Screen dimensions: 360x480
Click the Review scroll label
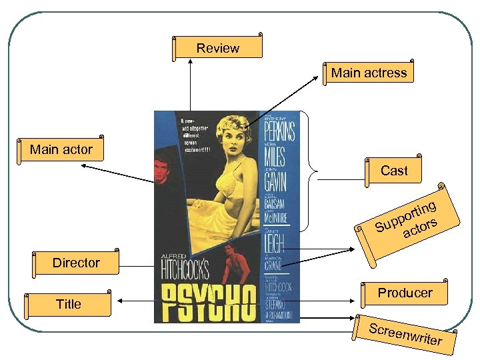[x=218, y=48]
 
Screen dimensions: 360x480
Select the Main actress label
[x=369, y=73]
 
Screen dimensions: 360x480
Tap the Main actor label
[x=61, y=149]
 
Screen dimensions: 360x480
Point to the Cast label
[x=394, y=171]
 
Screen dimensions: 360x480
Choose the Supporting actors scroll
[x=408, y=220]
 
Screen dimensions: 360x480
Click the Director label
[x=76, y=263]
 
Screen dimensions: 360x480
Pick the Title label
[x=68, y=304]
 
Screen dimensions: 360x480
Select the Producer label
[x=405, y=293]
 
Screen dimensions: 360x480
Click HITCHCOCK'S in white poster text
[x=185, y=270]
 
